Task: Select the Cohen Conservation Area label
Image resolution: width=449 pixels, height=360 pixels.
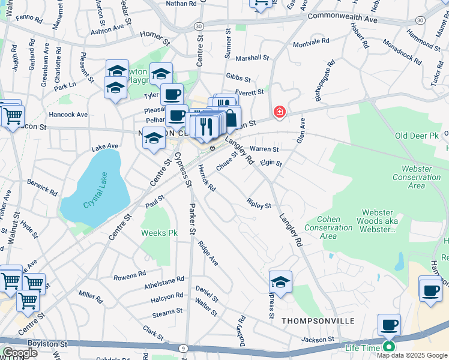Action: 328,227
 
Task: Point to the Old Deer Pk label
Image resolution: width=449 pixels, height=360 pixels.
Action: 418,137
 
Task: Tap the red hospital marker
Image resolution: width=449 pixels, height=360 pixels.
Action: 279,112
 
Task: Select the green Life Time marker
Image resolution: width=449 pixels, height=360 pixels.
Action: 389,346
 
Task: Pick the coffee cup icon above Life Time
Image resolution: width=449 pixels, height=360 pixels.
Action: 389,325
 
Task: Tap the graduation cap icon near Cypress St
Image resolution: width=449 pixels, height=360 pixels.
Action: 280,281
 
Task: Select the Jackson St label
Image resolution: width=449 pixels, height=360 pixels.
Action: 318,340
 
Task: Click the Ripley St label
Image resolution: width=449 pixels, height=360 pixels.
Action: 259,205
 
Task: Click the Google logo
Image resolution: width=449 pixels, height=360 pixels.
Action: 20,352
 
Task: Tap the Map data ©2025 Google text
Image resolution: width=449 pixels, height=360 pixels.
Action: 412,355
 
